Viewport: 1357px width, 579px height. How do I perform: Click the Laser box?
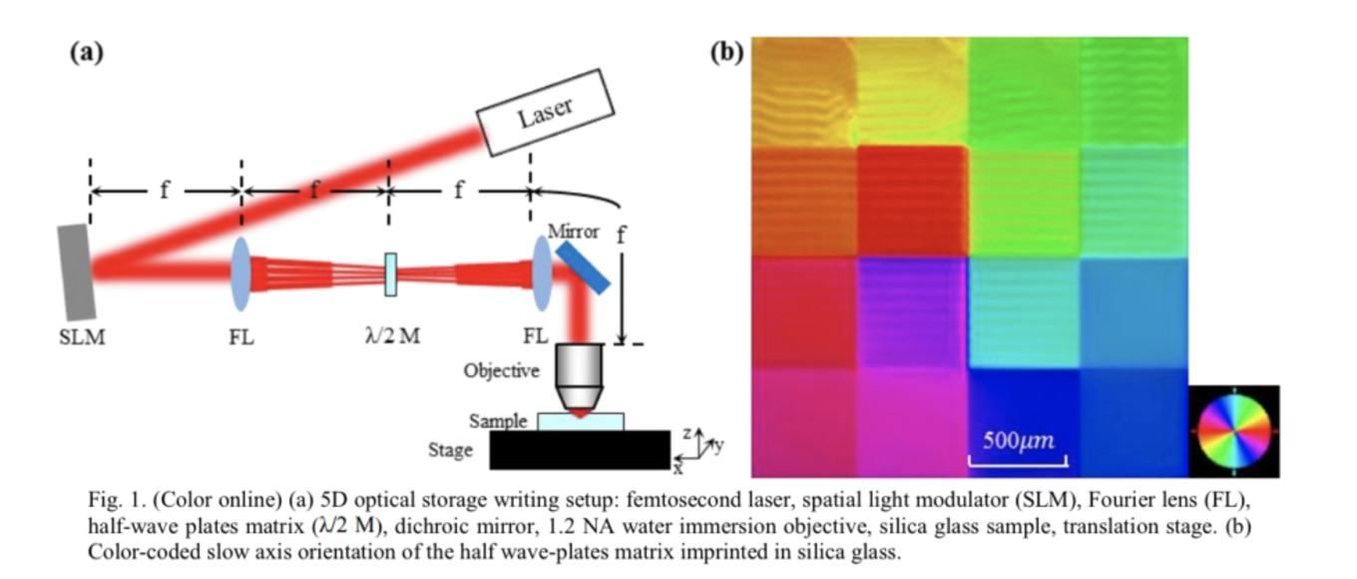pos(545,112)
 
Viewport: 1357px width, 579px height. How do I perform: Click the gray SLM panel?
pos(77,273)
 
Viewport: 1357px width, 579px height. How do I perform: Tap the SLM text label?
pos(82,336)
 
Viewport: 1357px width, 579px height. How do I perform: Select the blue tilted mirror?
pos(582,268)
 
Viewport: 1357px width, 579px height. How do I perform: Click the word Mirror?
pos(573,232)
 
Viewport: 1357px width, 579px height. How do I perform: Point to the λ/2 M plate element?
pos(391,275)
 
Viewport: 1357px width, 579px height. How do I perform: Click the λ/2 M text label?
pos(392,335)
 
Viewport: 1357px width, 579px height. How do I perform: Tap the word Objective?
pos(501,370)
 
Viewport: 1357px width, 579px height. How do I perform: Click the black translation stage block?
pos(580,450)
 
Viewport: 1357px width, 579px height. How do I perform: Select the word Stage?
pos(450,450)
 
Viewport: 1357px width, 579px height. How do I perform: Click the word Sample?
pos(498,420)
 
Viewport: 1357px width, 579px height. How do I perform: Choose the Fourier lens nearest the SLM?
pos(241,275)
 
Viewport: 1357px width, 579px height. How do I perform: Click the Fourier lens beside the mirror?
pos(542,274)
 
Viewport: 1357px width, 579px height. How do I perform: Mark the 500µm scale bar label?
pos(1019,440)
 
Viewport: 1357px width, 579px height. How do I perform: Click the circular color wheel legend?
pos(1234,430)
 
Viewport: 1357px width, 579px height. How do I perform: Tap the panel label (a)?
pos(87,53)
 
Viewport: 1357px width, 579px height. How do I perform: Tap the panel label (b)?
pos(726,53)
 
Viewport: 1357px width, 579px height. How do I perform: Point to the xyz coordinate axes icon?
pos(699,450)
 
